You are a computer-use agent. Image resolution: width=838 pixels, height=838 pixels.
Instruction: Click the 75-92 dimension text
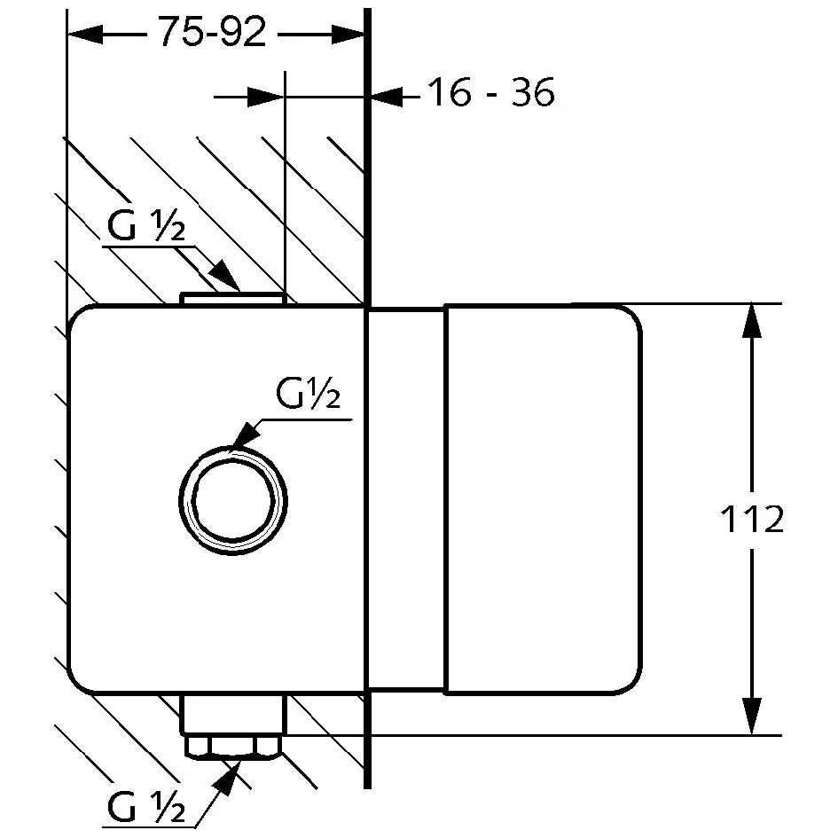coord(213,32)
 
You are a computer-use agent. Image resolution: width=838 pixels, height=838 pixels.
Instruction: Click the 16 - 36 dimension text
coord(491,92)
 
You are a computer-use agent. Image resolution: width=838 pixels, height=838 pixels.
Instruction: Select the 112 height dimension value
coord(752,519)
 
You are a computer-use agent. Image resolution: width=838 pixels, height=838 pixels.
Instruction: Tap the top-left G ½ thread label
coord(146,225)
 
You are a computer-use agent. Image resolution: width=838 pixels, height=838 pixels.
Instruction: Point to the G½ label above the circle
coord(309,393)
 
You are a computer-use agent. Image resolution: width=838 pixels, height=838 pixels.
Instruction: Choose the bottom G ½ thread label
coord(146,806)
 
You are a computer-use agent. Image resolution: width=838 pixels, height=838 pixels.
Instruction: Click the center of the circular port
coord(233,501)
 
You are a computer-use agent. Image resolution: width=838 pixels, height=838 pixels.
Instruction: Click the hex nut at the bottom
coord(232,748)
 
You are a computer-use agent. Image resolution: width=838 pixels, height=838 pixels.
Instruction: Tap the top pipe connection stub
coord(232,299)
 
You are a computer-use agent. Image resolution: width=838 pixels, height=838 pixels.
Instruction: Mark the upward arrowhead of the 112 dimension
coord(752,321)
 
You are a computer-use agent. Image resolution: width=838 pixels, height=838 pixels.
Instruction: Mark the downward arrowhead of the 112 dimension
coord(752,717)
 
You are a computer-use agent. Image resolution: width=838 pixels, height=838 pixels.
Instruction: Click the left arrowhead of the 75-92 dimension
coord(84,35)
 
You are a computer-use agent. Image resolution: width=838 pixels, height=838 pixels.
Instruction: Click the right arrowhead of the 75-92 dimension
coord(348,35)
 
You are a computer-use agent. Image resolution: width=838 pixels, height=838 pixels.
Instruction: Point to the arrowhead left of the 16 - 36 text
coord(387,97)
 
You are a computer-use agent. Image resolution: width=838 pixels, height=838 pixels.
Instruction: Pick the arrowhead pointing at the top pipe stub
coord(224,276)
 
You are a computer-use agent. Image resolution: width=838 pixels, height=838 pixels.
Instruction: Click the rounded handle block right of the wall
coord(543,499)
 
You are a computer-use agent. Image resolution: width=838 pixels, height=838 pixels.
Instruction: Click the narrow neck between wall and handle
coord(407,499)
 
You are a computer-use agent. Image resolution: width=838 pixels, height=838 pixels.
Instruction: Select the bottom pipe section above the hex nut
coord(232,714)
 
